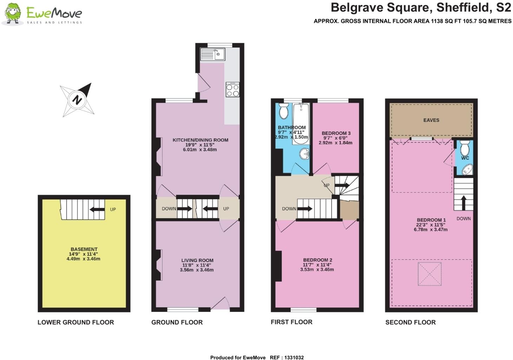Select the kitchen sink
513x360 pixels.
click(212, 54)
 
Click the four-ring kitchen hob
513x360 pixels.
click(232, 89)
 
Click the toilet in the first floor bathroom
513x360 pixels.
click(283, 111)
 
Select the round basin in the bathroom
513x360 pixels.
click(304, 153)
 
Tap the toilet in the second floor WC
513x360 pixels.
click(465, 148)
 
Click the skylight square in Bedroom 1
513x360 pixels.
click(429, 274)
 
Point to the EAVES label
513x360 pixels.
click(431, 120)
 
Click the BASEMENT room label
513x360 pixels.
click(84, 249)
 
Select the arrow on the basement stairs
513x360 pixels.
click(97, 209)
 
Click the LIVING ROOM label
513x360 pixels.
click(197, 260)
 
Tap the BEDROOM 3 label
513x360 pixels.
click(336, 133)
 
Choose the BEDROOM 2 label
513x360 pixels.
click(317, 260)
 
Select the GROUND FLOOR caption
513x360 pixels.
click(177, 322)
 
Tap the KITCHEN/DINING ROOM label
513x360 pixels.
click(200, 140)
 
